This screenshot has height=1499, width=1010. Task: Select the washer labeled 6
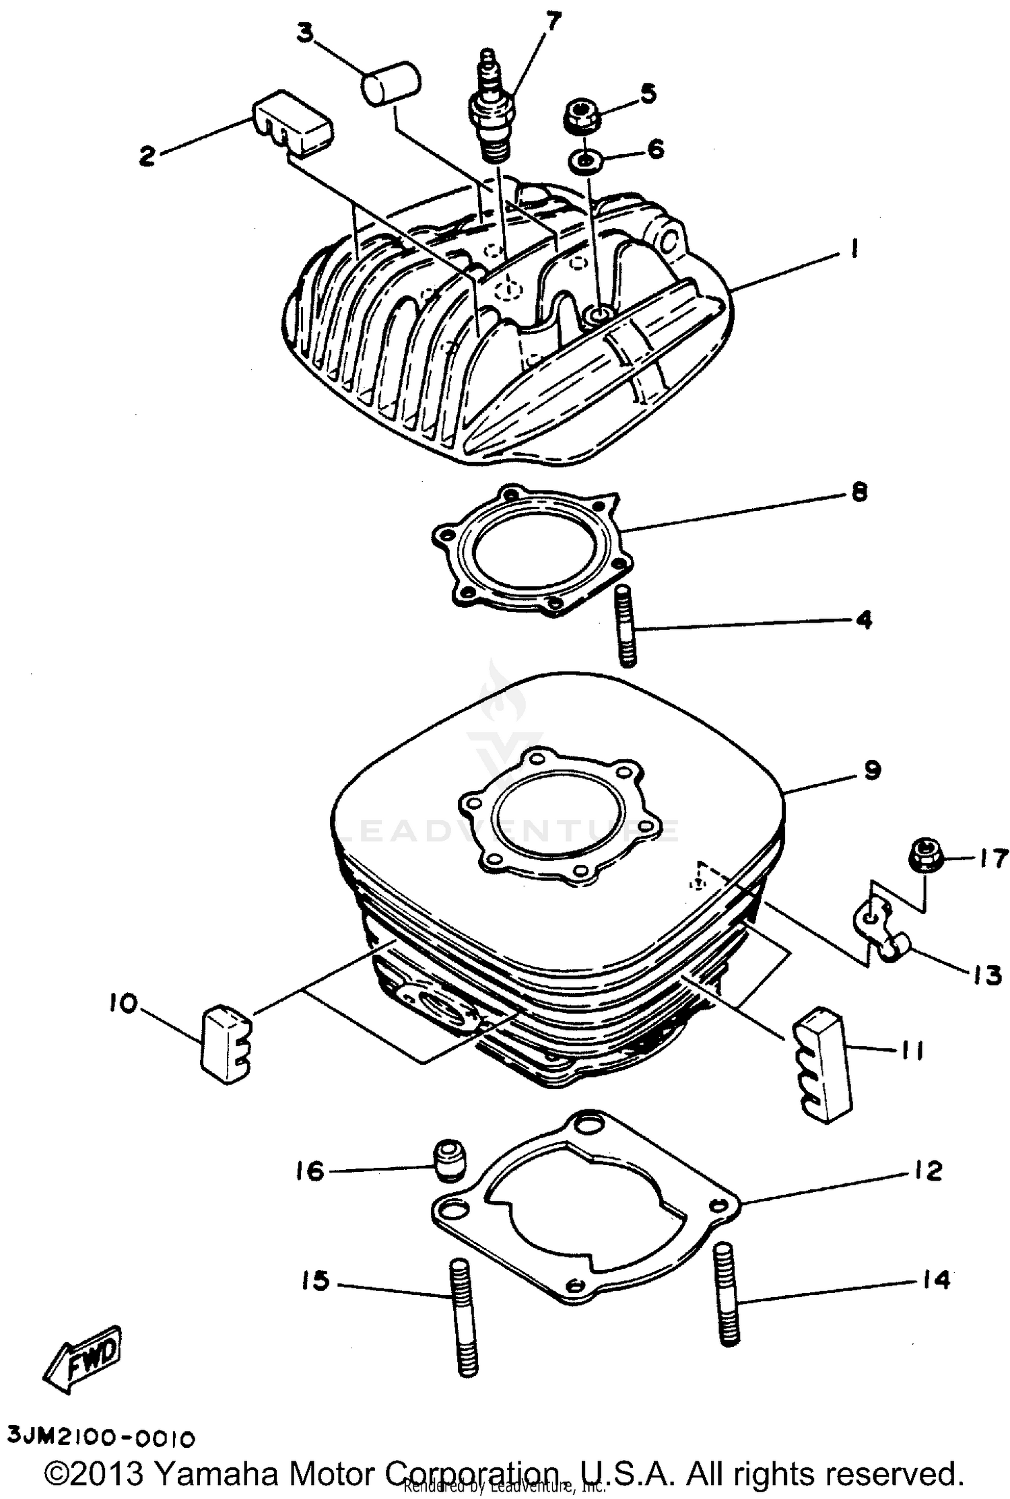(x=585, y=161)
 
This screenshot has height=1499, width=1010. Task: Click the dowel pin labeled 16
(x=445, y=1164)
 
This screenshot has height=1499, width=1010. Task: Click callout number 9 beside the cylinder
(x=872, y=770)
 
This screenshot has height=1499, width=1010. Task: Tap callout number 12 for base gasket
(x=929, y=1171)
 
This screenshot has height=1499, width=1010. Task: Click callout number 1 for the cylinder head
(x=853, y=250)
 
